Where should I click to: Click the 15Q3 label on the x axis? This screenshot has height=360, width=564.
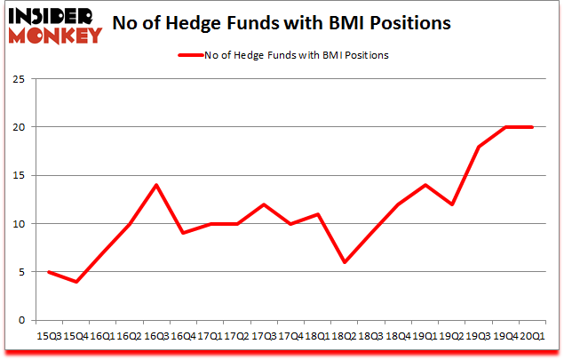(x=48, y=335)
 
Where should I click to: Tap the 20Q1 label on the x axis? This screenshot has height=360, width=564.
(x=532, y=335)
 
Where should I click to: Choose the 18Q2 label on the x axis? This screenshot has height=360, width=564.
(x=344, y=335)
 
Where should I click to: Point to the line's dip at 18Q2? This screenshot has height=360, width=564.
(x=344, y=262)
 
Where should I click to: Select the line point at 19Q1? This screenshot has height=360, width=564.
(x=425, y=185)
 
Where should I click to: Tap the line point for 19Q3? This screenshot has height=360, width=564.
(x=479, y=147)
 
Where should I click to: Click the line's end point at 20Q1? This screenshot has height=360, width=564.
(x=532, y=127)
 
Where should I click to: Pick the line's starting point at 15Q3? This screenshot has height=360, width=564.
(x=48, y=272)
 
